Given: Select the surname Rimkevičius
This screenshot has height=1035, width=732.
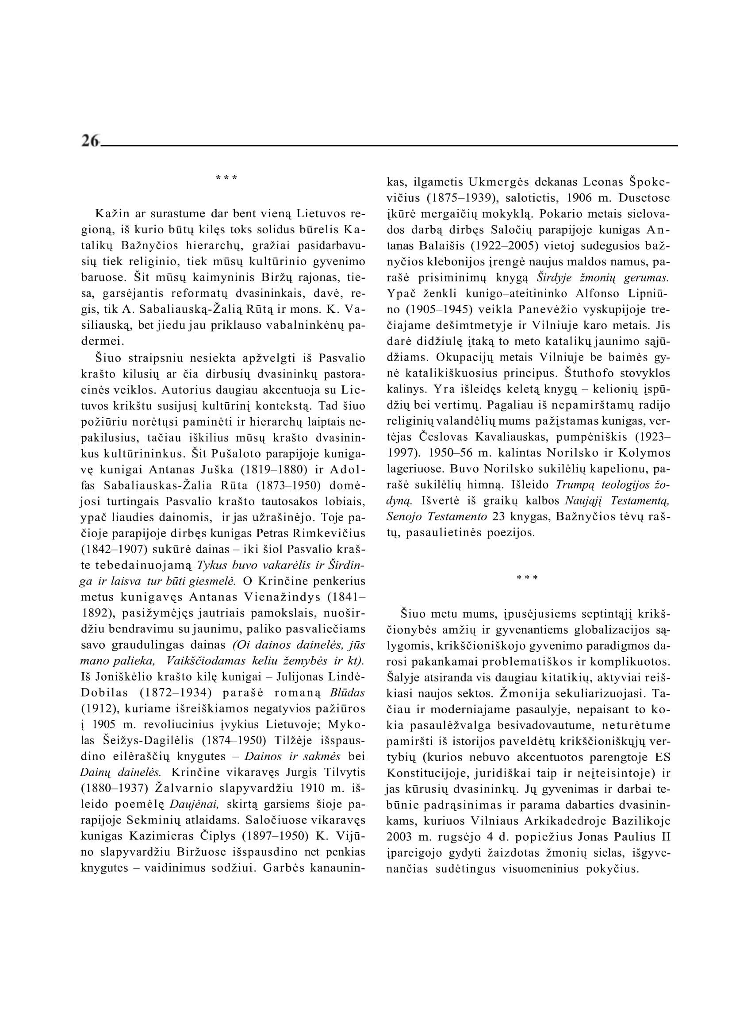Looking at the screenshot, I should [329, 534].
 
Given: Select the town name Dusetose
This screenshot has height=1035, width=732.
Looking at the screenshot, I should [644, 198].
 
